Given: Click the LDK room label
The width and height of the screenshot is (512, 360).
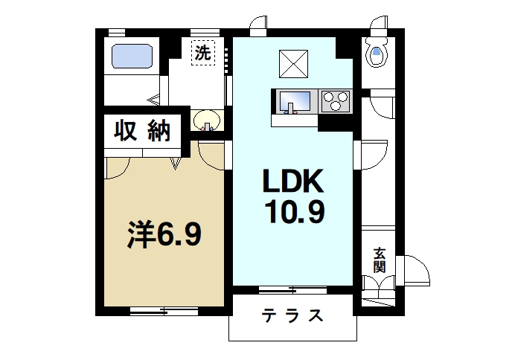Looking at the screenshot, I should click(292, 183).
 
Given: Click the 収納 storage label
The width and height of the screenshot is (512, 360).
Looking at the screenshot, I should click(141, 131).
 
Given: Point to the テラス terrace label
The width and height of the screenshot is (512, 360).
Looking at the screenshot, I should click(291, 315).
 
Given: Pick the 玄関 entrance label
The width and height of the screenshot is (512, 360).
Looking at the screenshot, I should click(380, 261).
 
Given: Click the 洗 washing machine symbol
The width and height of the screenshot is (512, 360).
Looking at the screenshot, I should click(201, 54).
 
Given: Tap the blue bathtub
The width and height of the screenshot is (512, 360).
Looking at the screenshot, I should click(132, 56).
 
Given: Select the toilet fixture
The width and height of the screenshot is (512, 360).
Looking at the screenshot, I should click(377, 54).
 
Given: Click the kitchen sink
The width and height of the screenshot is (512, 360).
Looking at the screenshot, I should click(295, 99).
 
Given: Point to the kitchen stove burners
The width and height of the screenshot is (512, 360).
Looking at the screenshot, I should click(336, 100).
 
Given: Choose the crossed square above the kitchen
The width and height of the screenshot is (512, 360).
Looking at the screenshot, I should click(293, 62).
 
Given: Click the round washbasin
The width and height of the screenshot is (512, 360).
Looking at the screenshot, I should click(206, 120).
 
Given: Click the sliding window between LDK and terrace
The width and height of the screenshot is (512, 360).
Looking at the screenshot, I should click(291, 289).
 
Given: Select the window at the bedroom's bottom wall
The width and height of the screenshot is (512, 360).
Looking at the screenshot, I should click(163, 310).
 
